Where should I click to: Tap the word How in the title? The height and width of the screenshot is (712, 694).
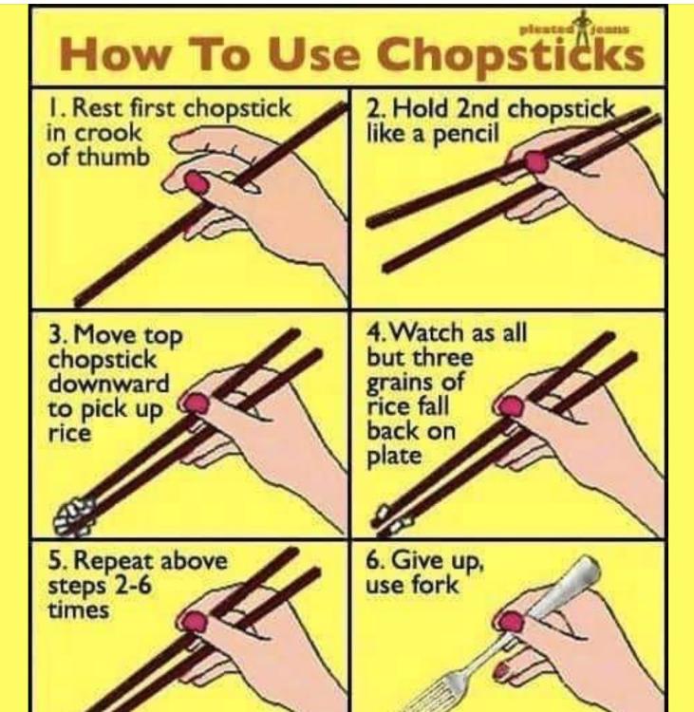(114, 53)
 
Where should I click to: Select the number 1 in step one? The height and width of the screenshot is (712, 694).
(54, 108)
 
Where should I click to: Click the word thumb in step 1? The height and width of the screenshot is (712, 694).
(114, 157)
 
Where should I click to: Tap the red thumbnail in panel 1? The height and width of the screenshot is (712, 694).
(197, 182)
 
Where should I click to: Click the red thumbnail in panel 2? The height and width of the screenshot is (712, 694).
(536, 161)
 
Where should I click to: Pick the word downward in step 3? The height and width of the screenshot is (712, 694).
(108, 384)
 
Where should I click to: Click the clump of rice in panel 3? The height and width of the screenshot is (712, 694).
(75, 515)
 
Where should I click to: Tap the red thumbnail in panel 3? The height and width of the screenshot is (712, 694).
(197, 403)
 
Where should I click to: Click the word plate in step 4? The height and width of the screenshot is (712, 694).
(394, 456)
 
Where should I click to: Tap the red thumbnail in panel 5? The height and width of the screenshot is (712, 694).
(194, 621)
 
